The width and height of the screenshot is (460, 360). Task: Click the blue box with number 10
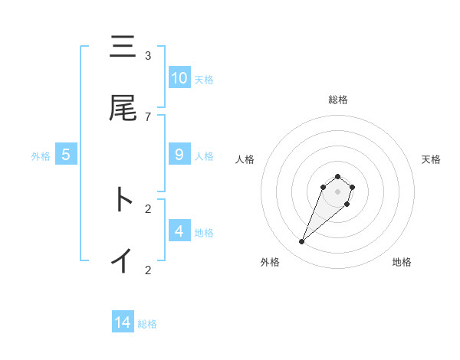pos(179,78)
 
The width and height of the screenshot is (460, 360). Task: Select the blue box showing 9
pos(179,155)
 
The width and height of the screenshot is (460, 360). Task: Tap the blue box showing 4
pos(179,231)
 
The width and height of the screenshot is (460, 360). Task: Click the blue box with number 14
pos(123,323)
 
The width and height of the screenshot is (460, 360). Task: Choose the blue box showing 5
pos(66,155)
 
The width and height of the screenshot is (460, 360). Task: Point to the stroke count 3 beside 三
pos(148,56)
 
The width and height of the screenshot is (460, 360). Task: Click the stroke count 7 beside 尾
pos(148,116)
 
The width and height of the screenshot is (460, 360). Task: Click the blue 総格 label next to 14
pos(147,324)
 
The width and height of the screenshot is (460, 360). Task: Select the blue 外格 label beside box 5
pos(41,155)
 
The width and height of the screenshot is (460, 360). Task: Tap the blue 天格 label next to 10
pos(204,79)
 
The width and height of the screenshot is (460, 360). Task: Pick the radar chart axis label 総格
pos(338,100)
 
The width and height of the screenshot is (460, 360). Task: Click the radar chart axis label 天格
pos(431,159)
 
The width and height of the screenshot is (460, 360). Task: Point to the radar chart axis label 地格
pos(402,262)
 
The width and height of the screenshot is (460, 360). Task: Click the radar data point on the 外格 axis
pos(302,242)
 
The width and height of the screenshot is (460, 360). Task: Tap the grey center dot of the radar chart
pos(338,191)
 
